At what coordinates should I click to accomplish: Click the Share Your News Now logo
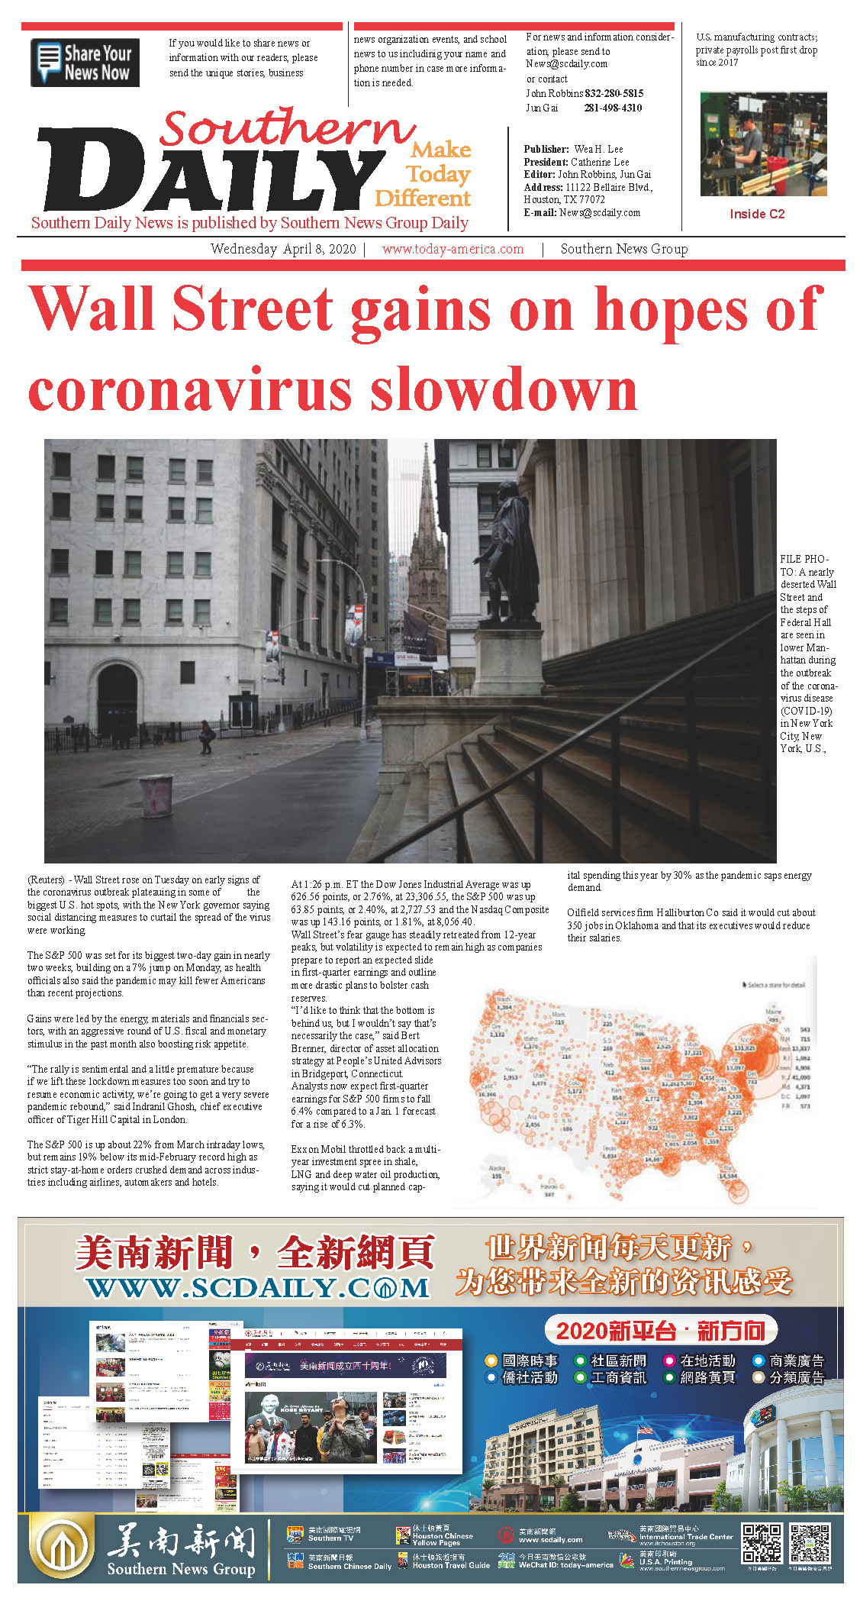coord(85,63)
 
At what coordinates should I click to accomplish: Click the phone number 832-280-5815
coord(614,93)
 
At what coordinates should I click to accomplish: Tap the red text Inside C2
coord(756,214)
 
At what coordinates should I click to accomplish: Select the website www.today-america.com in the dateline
coord(453,249)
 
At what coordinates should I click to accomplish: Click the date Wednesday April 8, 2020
coord(283,249)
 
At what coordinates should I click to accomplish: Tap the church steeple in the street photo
coord(427,550)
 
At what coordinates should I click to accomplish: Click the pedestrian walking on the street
coord(206,736)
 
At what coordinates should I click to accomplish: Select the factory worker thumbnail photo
coord(762,144)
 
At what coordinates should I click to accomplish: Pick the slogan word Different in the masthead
coord(422,199)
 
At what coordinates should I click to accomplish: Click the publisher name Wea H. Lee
coord(598,149)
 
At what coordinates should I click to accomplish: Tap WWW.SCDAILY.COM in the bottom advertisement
coord(258,1289)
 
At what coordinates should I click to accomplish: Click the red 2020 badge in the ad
coord(660,1331)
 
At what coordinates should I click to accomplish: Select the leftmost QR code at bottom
coord(762,1543)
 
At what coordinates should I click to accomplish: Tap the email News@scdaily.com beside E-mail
coord(599,212)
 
